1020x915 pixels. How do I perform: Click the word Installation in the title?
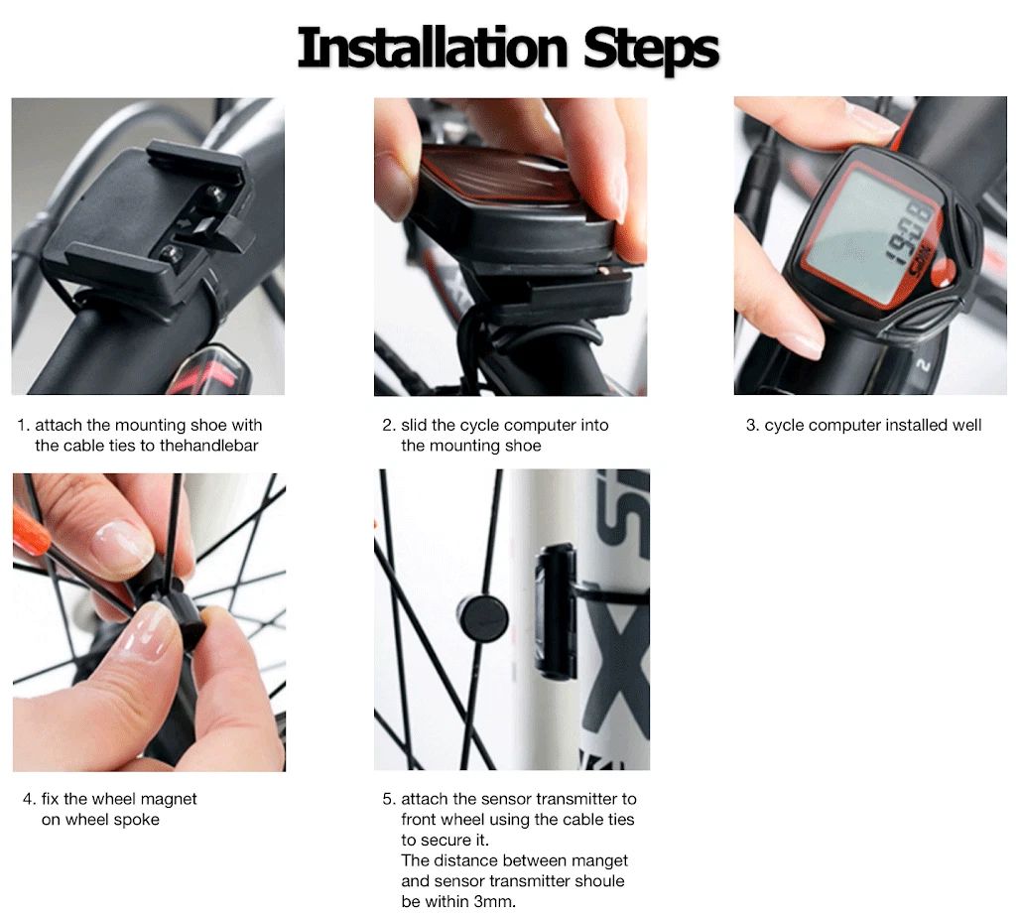coord(434,48)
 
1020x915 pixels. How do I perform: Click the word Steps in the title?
coord(651,48)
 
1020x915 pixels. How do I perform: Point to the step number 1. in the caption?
coord(24,425)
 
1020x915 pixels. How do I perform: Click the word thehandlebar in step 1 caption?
coord(208,446)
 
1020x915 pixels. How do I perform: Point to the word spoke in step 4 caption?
coord(138,820)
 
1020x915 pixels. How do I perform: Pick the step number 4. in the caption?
coord(30,799)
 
